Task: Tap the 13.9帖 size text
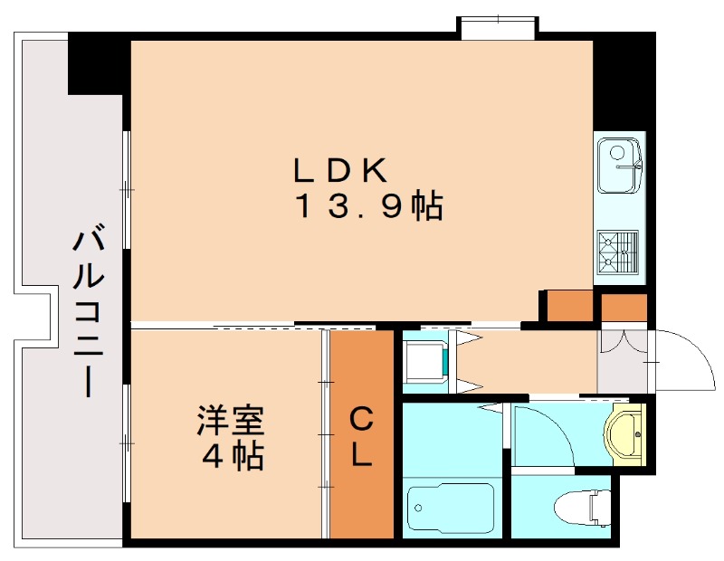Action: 367,207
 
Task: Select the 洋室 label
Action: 231,422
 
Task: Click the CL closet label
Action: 361,438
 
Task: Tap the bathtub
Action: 451,510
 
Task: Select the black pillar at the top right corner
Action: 624,81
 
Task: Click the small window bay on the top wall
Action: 497,27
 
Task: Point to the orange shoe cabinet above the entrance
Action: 624,308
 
